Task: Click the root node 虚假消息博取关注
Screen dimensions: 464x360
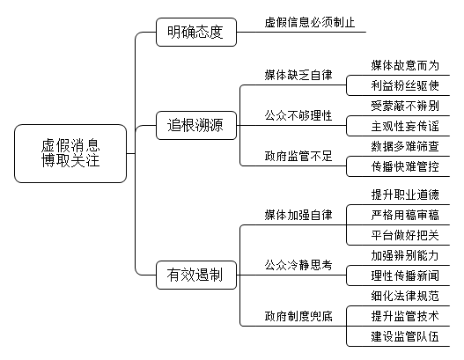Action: tap(70, 153)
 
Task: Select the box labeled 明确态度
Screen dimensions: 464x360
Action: tap(196, 32)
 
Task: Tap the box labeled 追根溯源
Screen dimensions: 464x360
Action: tap(196, 125)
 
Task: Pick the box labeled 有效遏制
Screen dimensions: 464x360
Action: tap(196, 276)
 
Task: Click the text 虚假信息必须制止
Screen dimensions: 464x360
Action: tap(310, 23)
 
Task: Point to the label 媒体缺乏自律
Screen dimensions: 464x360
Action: tap(298, 75)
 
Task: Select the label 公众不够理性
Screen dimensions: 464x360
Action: tap(298, 115)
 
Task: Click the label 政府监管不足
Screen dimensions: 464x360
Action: tap(298, 156)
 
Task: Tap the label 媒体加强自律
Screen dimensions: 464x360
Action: tap(298, 215)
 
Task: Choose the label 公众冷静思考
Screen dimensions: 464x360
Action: tap(298, 265)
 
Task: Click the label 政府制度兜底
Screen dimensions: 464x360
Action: tap(298, 316)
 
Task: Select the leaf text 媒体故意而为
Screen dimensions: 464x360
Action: tap(405, 65)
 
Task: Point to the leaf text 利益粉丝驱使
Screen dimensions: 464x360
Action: tap(405, 85)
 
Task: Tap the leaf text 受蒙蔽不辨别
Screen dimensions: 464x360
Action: tap(405, 106)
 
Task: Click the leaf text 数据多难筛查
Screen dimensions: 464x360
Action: tap(405, 146)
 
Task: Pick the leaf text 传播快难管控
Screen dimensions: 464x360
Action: tap(405, 167)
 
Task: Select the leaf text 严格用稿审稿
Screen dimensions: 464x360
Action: tap(405, 215)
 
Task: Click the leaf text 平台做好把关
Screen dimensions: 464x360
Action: tap(405, 236)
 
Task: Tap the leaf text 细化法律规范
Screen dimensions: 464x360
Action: tap(405, 296)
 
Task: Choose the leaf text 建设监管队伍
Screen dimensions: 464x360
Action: tap(405, 336)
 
